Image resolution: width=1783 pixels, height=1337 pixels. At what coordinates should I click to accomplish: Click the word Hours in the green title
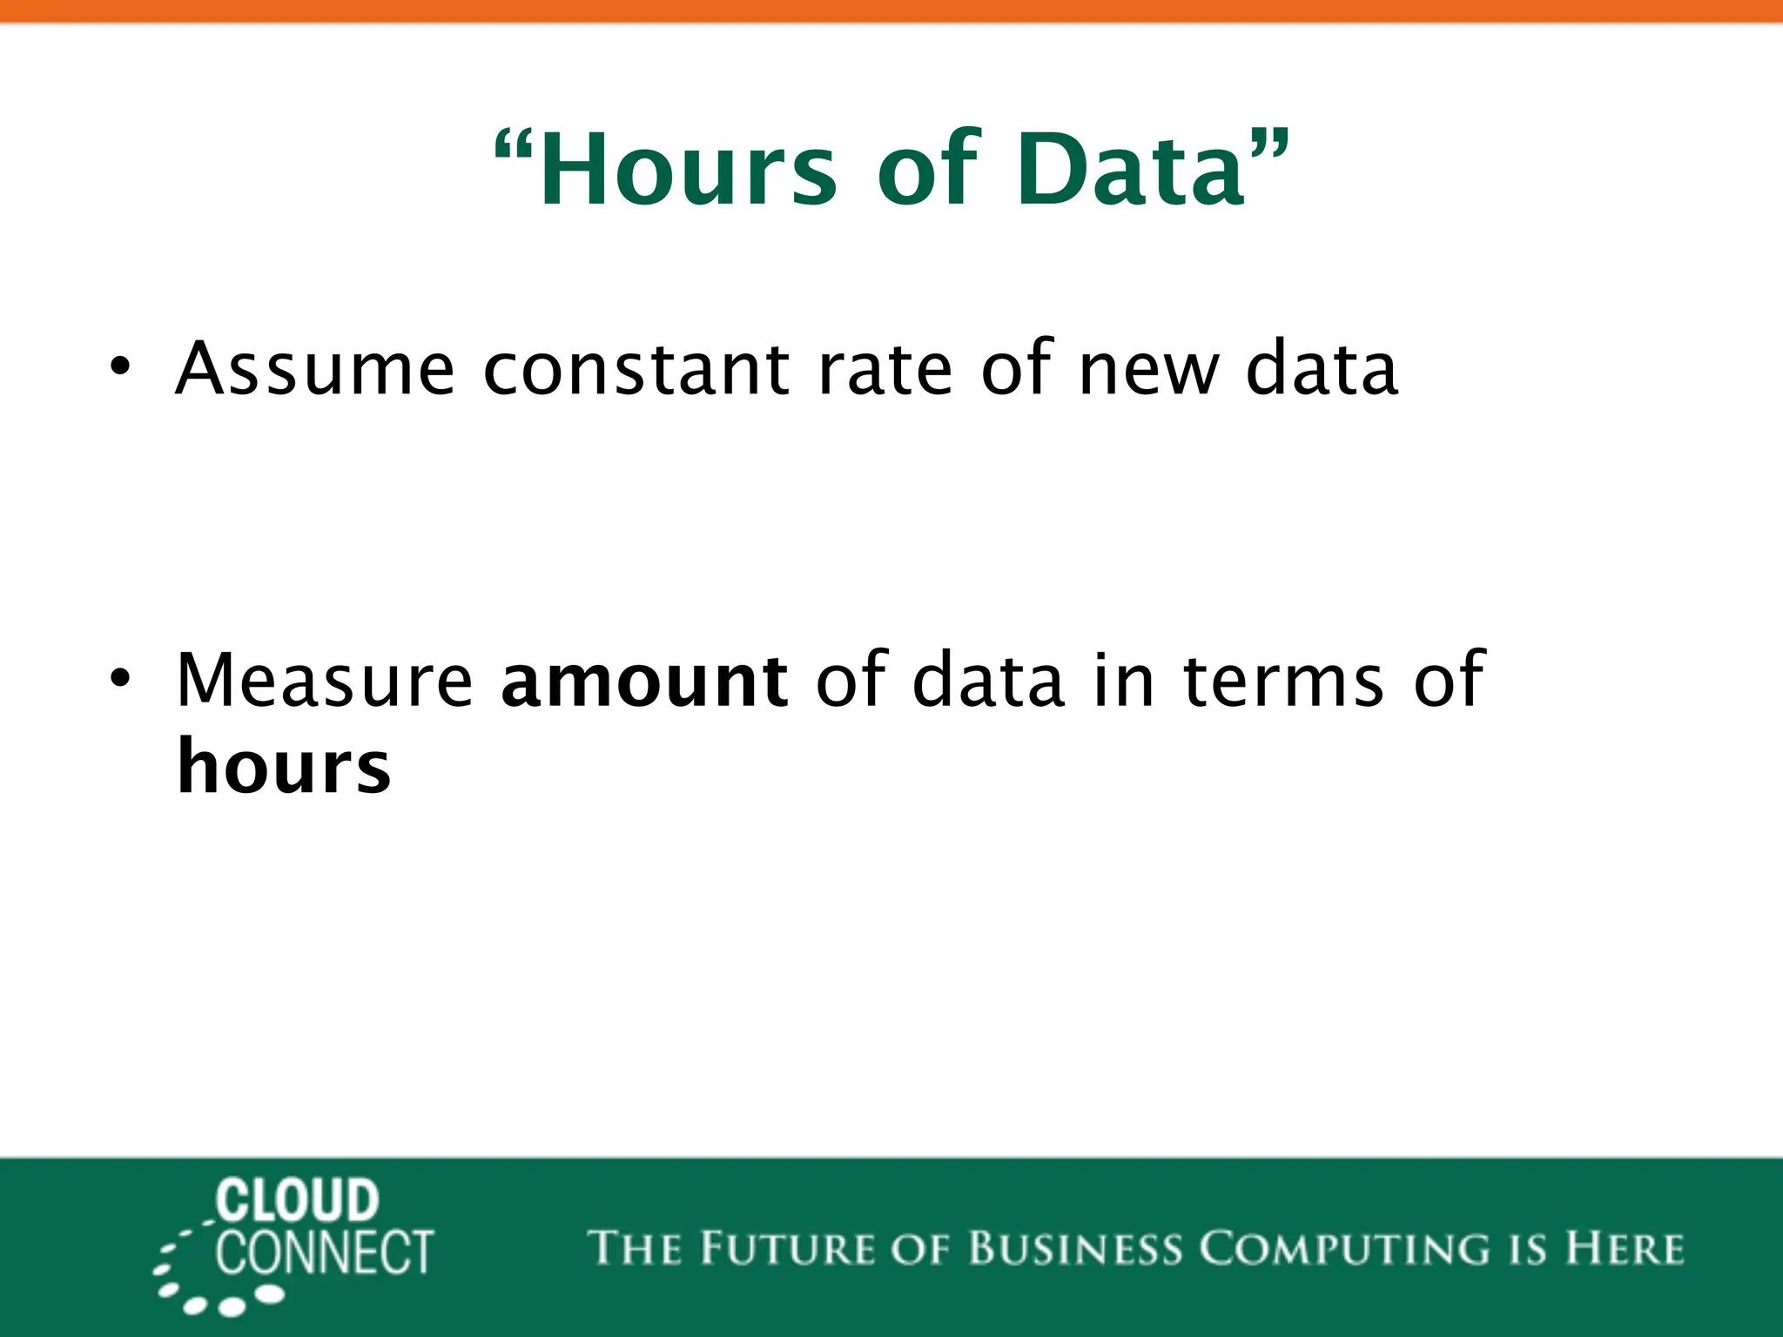tap(688, 170)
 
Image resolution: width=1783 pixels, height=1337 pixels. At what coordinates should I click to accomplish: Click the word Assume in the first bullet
tap(314, 369)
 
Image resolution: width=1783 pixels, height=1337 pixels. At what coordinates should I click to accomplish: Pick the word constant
tap(636, 369)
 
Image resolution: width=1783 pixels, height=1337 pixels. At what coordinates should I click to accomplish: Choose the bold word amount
tap(644, 680)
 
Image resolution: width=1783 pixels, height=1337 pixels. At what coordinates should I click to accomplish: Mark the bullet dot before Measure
tap(119, 678)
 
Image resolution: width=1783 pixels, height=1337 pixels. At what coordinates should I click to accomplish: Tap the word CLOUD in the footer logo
tap(297, 1201)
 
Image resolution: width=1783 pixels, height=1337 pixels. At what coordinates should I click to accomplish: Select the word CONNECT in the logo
tap(324, 1253)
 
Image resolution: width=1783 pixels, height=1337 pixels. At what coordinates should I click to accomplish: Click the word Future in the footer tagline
tap(788, 1248)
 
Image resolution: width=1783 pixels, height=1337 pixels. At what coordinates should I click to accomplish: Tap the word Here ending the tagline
tap(1625, 1248)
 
